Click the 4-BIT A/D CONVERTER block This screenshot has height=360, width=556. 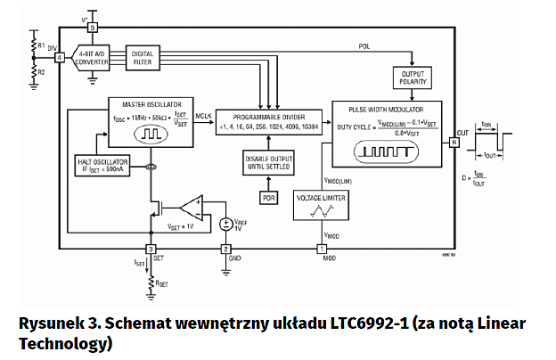(93, 58)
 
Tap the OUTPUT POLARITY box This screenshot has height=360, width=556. (413, 78)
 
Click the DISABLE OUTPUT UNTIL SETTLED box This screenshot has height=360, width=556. (269, 163)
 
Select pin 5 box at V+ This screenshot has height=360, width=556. (93, 29)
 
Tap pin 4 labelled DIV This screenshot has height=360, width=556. (59, 58)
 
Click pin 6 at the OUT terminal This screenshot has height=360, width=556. (454, 142)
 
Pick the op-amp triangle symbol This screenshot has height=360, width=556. (190, 209)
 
